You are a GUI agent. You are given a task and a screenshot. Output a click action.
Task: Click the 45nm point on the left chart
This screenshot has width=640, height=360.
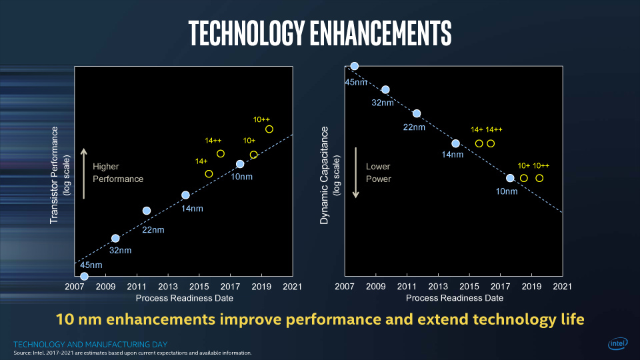(x=84, y=276)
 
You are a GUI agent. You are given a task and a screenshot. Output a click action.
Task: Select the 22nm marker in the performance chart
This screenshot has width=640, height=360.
(x=147, y=211)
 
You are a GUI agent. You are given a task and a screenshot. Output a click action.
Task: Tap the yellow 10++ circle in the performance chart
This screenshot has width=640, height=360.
(x=269, y=129)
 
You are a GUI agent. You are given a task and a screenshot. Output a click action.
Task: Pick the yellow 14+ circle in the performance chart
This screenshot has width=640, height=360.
(x=209, y=174)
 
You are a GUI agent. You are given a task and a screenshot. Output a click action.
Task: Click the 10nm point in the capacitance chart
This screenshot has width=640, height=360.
(x=510, y=178)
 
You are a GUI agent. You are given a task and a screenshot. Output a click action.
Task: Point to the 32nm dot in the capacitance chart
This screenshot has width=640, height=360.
(x=385, y=89)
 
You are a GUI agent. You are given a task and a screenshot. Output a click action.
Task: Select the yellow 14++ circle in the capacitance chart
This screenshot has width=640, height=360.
(x=491, y=143)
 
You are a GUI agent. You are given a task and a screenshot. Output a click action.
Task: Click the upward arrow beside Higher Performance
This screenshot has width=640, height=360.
(x=83, y=173)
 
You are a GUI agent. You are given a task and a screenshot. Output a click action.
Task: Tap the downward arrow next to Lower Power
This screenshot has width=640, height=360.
(x=356, y=173)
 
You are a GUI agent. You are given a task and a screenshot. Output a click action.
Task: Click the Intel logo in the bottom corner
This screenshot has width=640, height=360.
(x=617, y=344)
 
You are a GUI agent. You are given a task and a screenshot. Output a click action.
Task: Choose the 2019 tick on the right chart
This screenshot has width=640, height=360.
(x=531, y=287)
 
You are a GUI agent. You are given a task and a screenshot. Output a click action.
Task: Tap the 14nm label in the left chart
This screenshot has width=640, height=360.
(x=193, y=209)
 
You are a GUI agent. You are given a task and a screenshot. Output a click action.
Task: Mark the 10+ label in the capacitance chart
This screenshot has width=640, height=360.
(x=524, y=166)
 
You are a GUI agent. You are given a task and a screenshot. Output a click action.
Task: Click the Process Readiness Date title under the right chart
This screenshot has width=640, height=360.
(x=454, y=298)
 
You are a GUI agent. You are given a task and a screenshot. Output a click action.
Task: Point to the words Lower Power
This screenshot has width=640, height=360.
(x=379, y=173)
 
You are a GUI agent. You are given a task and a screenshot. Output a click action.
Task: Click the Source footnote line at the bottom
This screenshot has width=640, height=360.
(x=133, y=353)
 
